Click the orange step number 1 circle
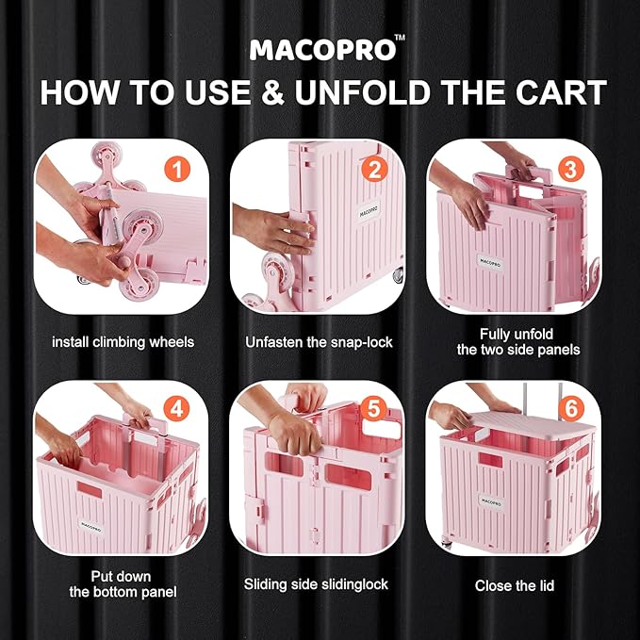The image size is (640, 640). (x=177, y=170)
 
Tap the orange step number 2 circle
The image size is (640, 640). (x=374, y=170)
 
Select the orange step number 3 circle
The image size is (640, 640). (x=570, y=170)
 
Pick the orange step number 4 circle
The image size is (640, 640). (x=176, y=408)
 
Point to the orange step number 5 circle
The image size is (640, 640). (x=373, y=408)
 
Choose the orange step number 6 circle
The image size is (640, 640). (x=571, y=408)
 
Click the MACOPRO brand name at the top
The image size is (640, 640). (x=322, y=50)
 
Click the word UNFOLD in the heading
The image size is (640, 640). (x=363, y=92)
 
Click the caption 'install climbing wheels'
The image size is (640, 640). (x=123, y=342)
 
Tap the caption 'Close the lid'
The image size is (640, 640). (x=515, y=585)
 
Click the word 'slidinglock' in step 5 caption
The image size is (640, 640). (x=354, y=584)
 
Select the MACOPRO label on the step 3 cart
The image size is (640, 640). (x=490, y=262)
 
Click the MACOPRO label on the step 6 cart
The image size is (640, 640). (x=491, y=502)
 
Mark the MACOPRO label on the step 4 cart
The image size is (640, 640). (x=90, y=527)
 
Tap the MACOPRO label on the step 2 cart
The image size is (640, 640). (x=369, y=212)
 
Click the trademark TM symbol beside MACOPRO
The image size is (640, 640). (x=401, y=38)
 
